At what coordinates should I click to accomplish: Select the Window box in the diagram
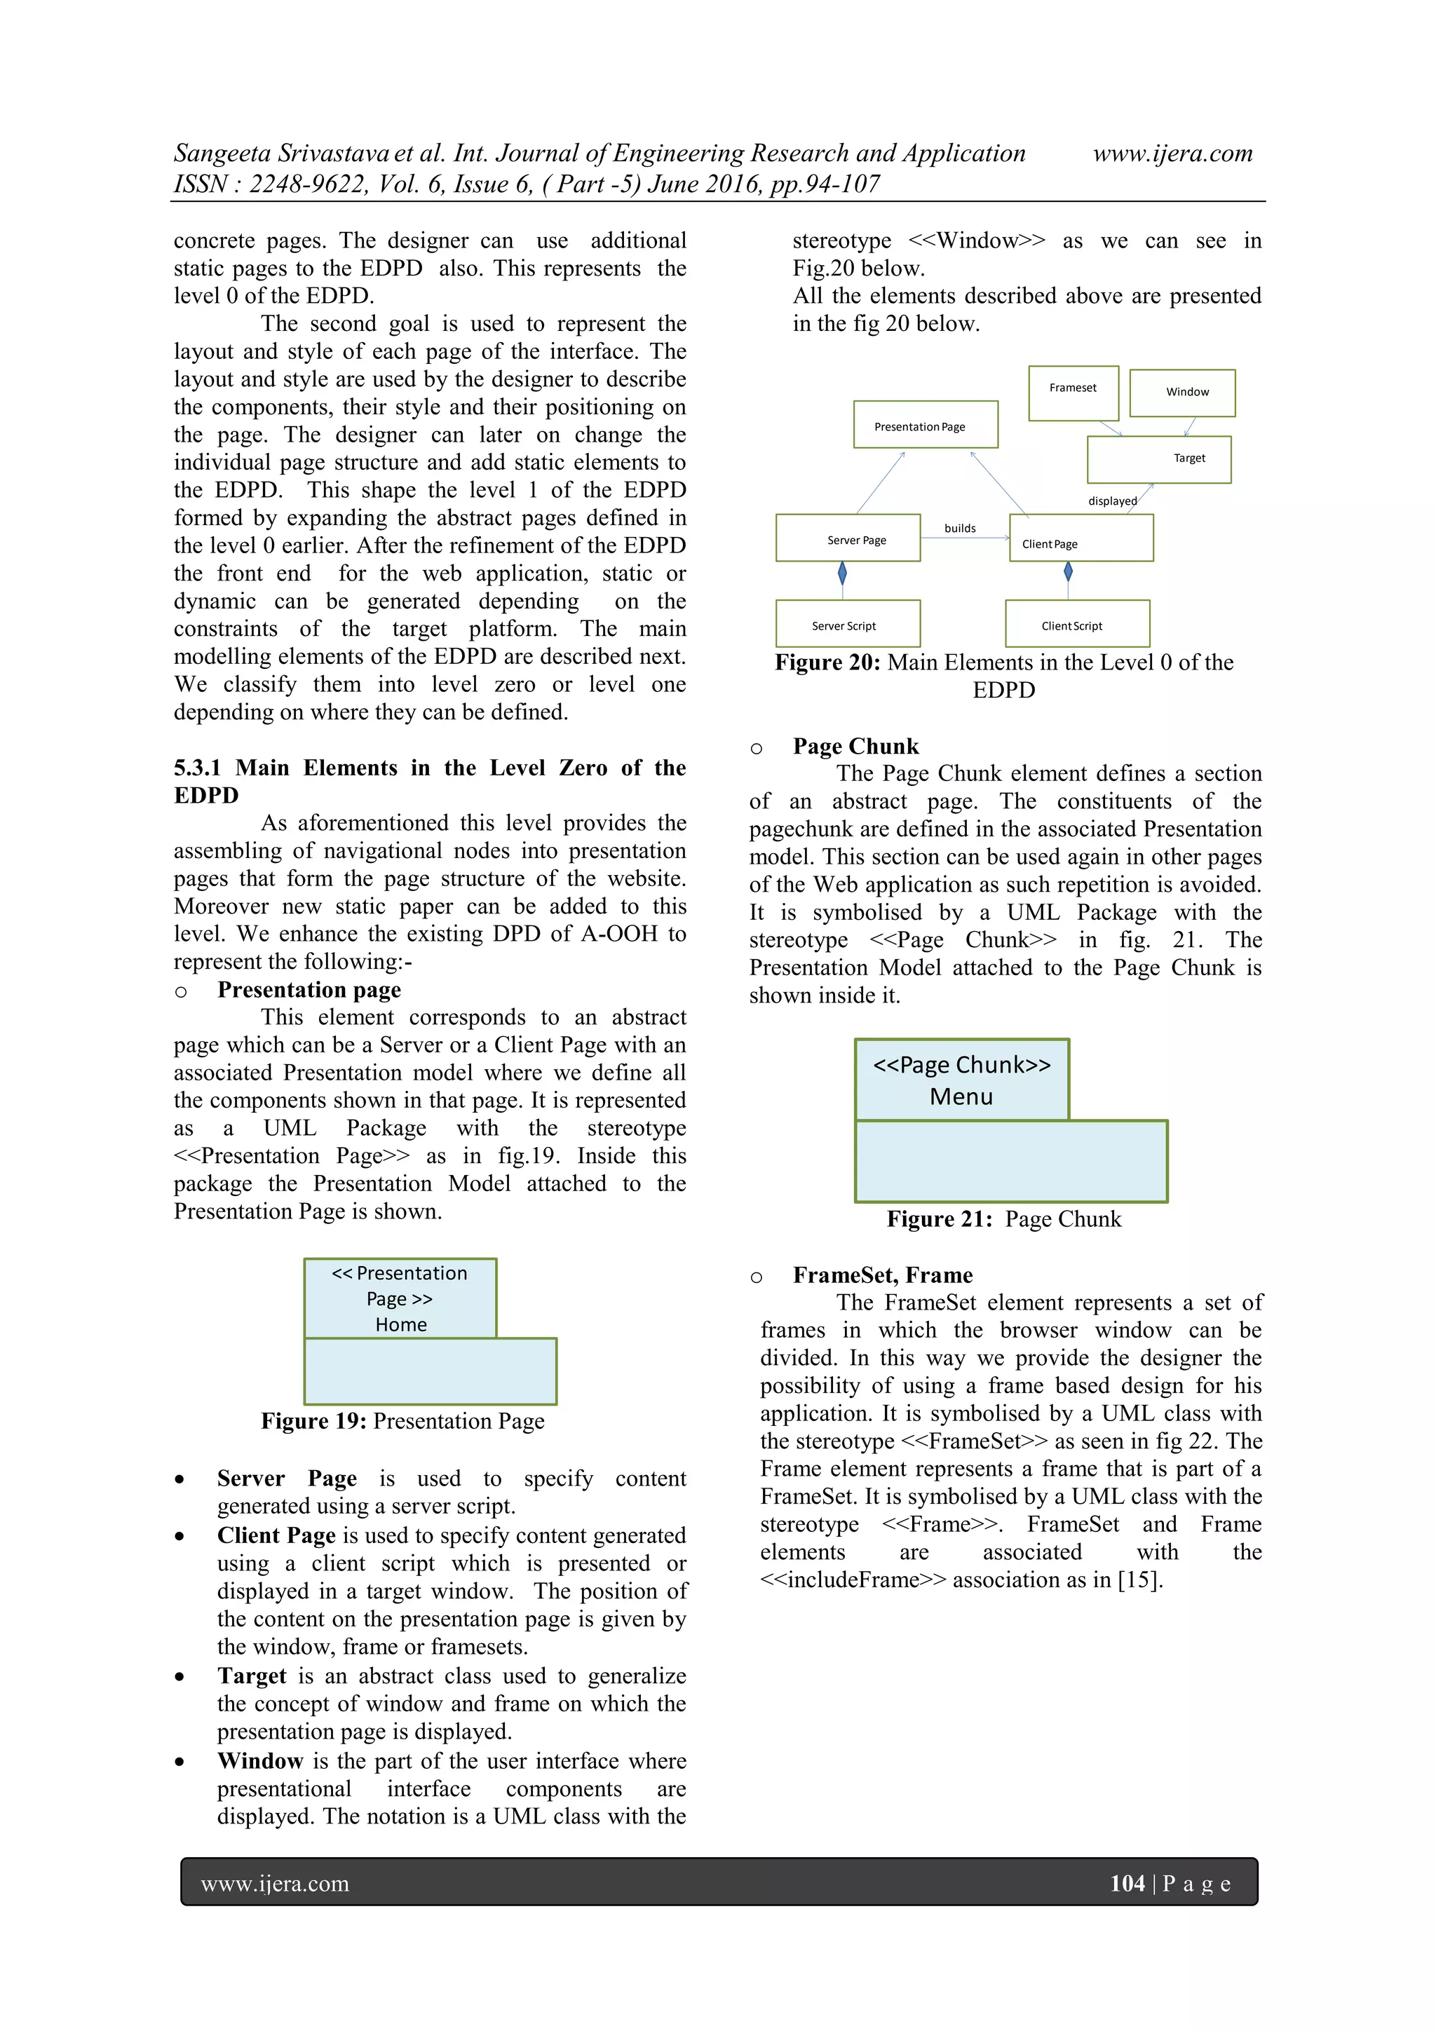tap(1182, 393)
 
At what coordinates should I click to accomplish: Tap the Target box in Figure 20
tap(1158, 459)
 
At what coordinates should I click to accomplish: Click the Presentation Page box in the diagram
tap(925, 425)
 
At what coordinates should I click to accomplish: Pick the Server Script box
tap(847, 624)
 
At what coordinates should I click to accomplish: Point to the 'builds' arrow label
tap(959, 528)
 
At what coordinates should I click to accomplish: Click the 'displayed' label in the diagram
tap(1111, 501)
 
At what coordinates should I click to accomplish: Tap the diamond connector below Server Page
tap(841, 574)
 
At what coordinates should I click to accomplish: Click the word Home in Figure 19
tap(401, 1324)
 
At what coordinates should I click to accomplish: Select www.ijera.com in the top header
tap(1172, 154)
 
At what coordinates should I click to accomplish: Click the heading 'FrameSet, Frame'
tap(882, 1275)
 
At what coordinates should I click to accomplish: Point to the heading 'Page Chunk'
tap(855, 746)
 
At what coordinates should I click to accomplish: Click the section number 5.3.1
tap(197, 768)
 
